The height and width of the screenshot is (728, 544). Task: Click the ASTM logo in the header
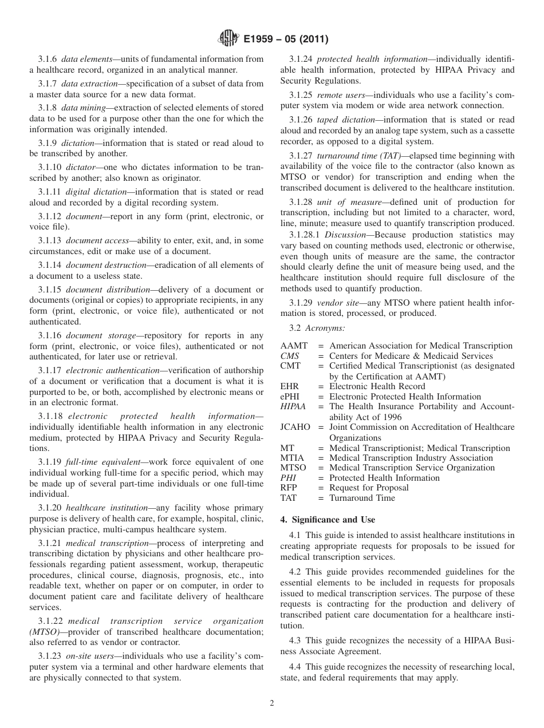coord(228,39)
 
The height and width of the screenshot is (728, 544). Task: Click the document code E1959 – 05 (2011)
coord(286,39)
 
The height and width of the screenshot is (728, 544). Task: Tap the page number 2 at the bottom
coord(272,703)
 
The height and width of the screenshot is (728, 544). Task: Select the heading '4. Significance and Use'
coord(328,520)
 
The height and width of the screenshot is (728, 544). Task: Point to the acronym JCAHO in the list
coord(294,428)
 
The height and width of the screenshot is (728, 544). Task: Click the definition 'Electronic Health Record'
coord(377,386)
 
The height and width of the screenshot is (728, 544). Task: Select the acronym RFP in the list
coord(289,488)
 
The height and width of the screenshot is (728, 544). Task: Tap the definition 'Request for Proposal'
coord(369,488)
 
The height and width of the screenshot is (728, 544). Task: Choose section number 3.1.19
coord(50,462)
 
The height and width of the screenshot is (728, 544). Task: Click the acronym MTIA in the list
coord(292,458)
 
